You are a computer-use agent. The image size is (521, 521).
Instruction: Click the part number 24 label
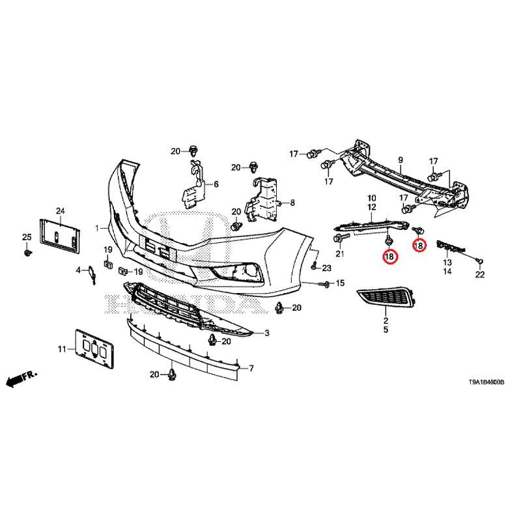tap(61, 210)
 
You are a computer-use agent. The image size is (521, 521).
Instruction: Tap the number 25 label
tap(27, 236)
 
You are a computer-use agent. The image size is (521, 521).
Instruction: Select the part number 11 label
tap(62, 350)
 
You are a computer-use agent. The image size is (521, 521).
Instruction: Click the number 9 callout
tap(401, 160)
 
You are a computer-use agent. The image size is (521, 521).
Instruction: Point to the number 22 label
tap(480, 275)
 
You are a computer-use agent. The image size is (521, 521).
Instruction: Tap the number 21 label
tap(339, 253)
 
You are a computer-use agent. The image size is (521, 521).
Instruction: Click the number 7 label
tap(251, 369)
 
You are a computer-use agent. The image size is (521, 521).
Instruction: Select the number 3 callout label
tap(266, 333)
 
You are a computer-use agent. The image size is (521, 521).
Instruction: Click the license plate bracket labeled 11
tap(93, 352)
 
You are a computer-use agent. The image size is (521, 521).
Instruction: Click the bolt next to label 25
tap(27, 251)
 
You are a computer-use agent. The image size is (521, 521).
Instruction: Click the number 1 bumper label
tap(97, 229)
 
